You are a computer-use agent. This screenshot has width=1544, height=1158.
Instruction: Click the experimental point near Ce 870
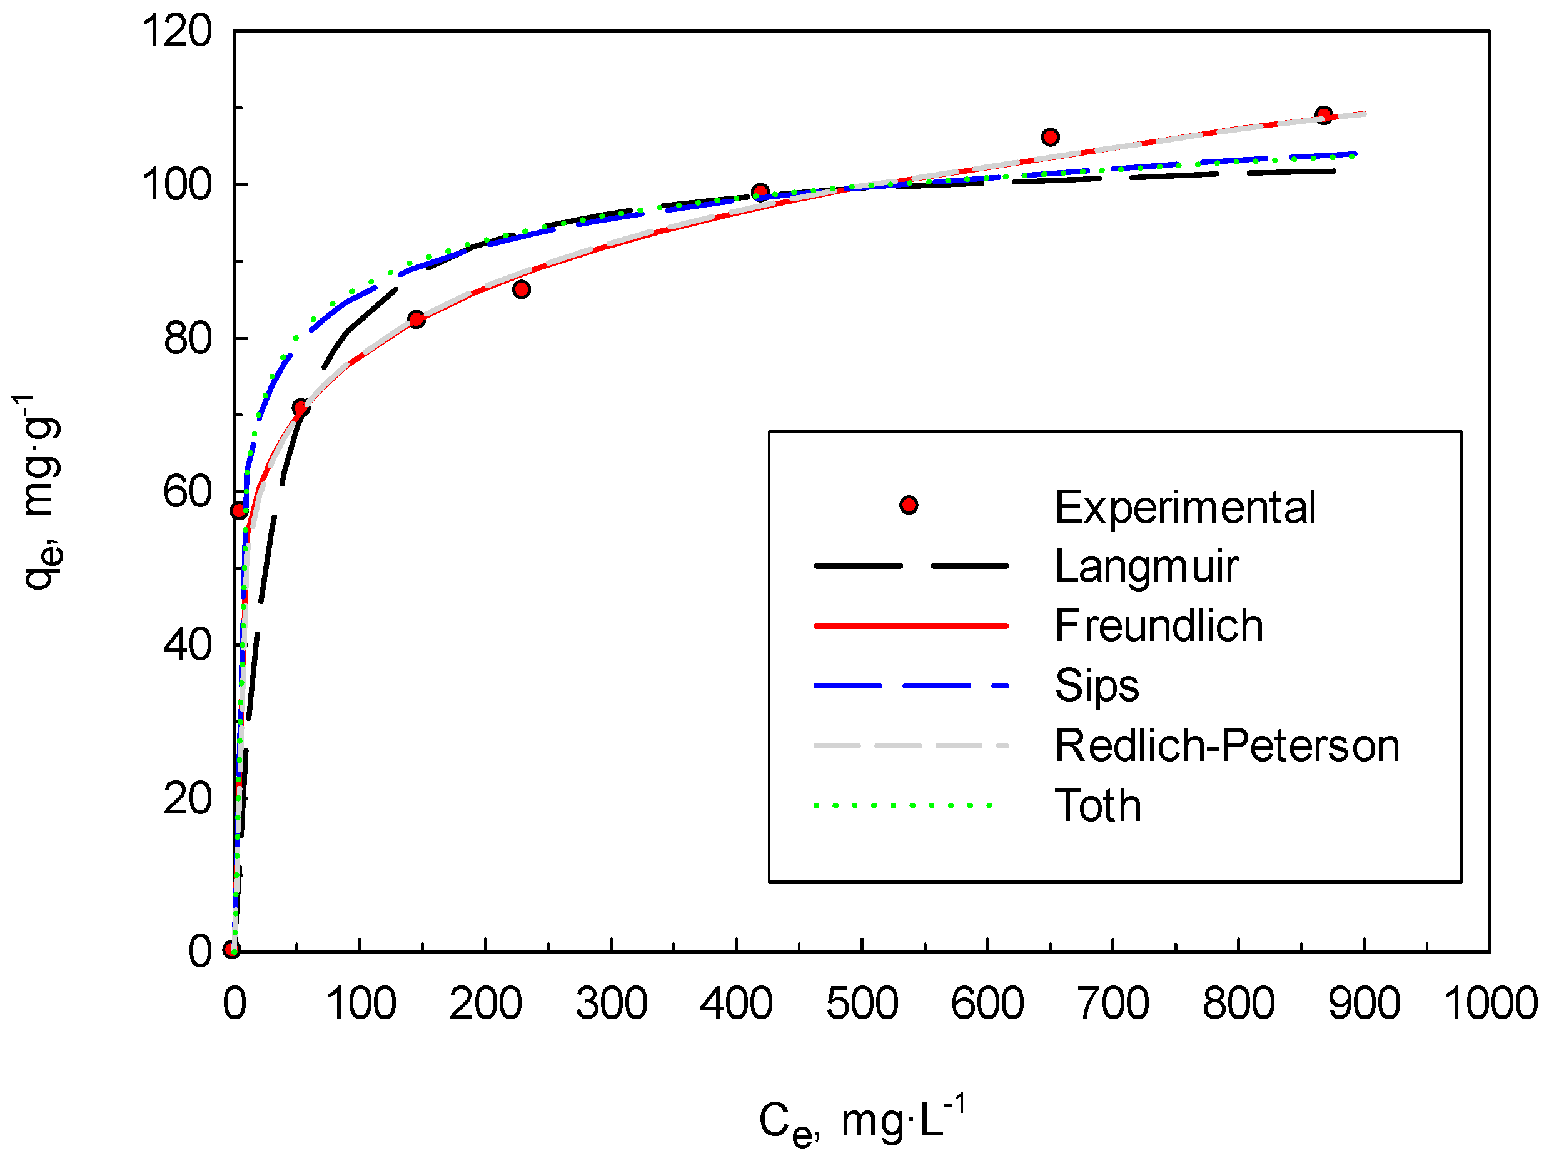(x=1323, y=114)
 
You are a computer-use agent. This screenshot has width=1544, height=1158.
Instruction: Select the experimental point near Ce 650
(x=1050, y=137)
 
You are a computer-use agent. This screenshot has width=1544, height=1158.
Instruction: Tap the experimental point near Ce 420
(x=761, y=191)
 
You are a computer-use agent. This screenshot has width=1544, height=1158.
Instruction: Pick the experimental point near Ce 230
(x=521, y=289)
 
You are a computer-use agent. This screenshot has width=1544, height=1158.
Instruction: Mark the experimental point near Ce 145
(x=416, y=319)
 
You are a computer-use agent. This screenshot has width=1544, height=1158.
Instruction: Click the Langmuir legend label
(x=1146, y=566)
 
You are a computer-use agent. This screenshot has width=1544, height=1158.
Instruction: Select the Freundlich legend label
(x=1159, y=625)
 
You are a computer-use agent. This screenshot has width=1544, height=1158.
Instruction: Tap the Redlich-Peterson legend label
(x=1226, y=745)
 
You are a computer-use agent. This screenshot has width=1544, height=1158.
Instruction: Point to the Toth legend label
(x=1097, y=805)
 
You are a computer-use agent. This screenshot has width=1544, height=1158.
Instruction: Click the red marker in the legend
(x=908, y=505)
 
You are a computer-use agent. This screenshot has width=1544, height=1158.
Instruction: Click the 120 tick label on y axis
(x=176, y=31)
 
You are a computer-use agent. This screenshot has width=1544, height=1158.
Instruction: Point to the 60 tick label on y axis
(x=187, y=491)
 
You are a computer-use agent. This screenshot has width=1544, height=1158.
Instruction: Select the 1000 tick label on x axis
(x=1490, y=1004)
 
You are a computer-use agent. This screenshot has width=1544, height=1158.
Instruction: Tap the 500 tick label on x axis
(x=862, y=1004)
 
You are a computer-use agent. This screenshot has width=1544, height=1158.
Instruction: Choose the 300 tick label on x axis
(x=612, y=1004)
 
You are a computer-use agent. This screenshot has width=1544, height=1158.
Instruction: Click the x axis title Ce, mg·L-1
(x=862, y=1122)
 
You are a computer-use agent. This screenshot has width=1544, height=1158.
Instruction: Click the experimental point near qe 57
(x=239, y=511)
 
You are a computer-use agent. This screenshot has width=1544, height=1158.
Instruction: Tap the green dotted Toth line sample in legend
(x=904, y=805)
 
